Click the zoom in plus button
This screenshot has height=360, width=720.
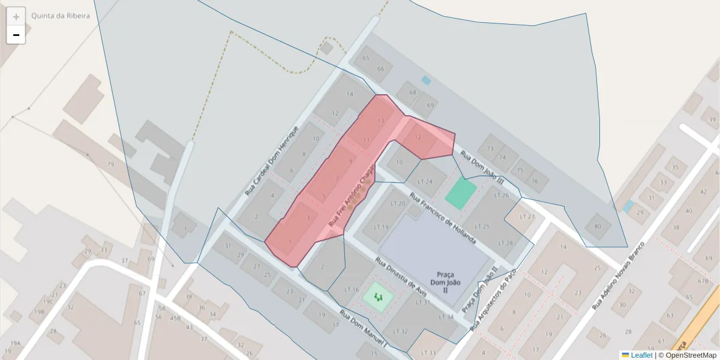tap(16, 17)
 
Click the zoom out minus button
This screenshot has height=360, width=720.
tap(16, 35)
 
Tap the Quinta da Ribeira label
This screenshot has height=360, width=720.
tap(61, 16)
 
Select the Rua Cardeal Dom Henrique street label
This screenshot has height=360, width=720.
tap(272, 161)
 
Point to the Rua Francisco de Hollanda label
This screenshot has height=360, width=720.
tap(443, 218)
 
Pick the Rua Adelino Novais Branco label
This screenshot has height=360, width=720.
tap(618, 276)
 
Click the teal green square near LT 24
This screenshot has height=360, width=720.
tap(461, 193)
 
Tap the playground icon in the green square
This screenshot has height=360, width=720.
tap(379, 296)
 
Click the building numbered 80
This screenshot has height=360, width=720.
tap(597, 226)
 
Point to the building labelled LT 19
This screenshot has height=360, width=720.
tap(381, 227)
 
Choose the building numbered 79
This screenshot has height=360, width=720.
tap(110, 164)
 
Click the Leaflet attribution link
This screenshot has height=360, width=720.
tap(641, 355)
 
